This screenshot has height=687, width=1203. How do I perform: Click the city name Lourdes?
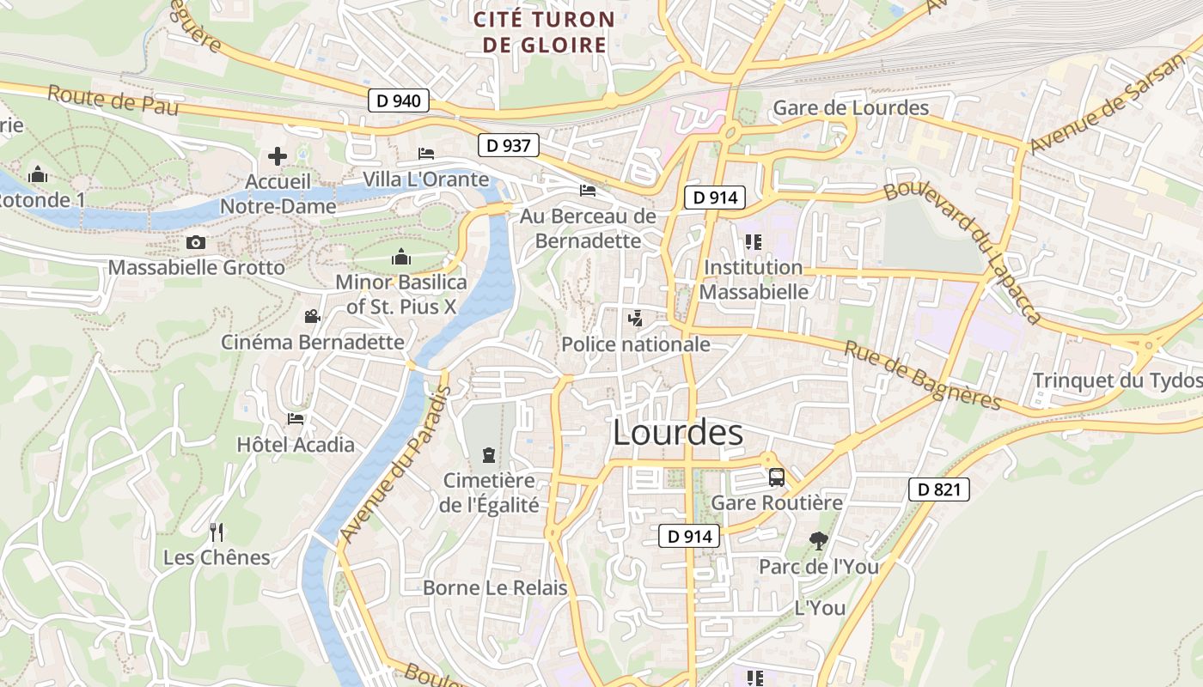coord(678,433)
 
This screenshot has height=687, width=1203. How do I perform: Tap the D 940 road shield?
coord(399,100)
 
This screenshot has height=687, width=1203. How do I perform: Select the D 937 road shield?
coord(508,145)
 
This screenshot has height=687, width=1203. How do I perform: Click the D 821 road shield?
coord(939,489)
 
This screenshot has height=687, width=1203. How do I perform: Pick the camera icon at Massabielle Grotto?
coord(196,243)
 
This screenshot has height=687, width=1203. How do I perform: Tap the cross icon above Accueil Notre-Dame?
coord(278,156)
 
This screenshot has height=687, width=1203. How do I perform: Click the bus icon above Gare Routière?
coord(777,477)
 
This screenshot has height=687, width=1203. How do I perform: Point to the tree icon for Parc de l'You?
coord(818,541)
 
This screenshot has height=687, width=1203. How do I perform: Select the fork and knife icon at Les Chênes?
coord(217,532)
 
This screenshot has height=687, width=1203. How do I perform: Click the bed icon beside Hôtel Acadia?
coord(296,419)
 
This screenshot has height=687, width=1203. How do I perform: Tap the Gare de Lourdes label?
coord(851,107)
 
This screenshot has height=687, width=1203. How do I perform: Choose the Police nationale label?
coord(636,344)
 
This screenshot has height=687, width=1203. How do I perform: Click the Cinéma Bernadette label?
coord(313,342)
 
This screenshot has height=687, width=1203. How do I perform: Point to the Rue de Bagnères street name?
coord(922,375)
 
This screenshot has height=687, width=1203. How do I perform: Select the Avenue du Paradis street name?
coord(395,464)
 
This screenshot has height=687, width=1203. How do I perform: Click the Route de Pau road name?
coord(113,100)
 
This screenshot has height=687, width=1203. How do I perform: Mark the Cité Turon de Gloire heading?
coord(545,32)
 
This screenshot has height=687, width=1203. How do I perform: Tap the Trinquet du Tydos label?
coord(1117,380)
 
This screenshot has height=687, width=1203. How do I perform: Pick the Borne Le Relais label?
coord(495,588)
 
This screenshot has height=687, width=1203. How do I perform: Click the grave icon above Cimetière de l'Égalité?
coord(489,454)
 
